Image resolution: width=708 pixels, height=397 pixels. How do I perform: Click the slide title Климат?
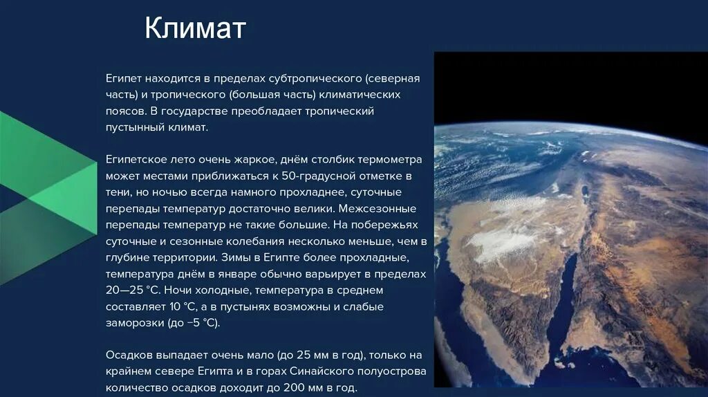195,29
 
